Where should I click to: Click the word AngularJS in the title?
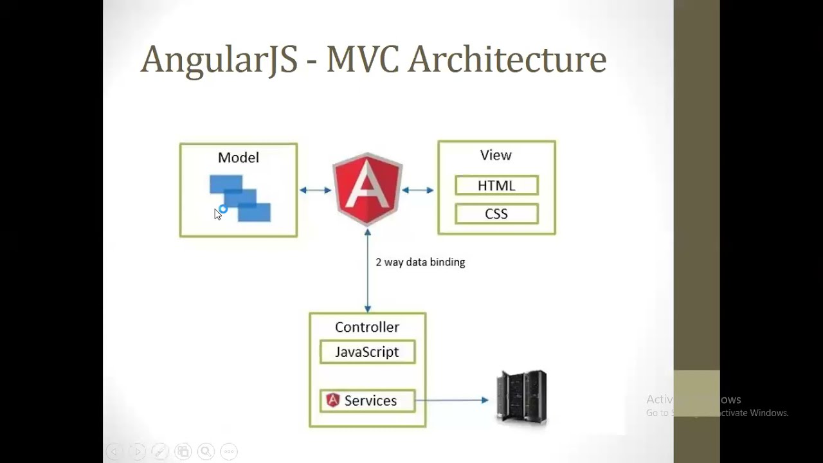[219, 59]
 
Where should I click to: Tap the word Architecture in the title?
[507, 59]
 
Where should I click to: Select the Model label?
[239, 158]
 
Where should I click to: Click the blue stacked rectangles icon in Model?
[240, 198]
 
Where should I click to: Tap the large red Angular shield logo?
[367, 188]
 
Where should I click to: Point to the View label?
[496, 155]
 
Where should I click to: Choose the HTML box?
[496, 186]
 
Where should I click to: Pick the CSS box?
[496, 214]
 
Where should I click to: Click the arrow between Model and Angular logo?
[315, 190]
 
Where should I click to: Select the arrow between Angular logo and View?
[418, 190]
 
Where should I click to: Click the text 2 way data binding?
[420, 262]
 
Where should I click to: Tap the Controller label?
[367, 327]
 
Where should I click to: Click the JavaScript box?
[367, 352]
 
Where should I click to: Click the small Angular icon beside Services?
[332, 400]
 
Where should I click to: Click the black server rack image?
[521, 397]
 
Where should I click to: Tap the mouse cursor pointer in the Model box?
[217, 214]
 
